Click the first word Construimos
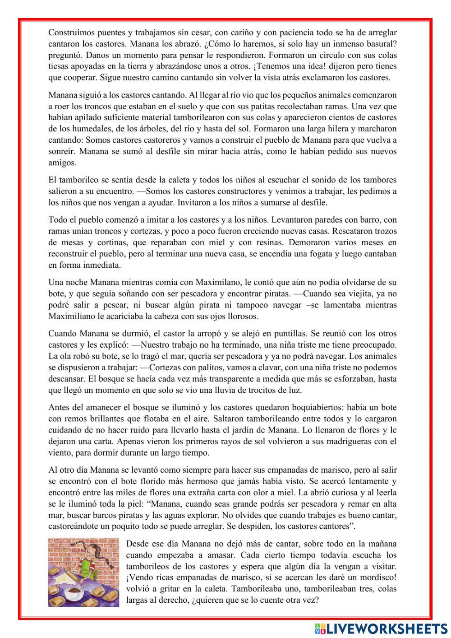coord(70,33)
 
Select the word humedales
coord(89,129)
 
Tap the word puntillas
coord(285,334)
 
